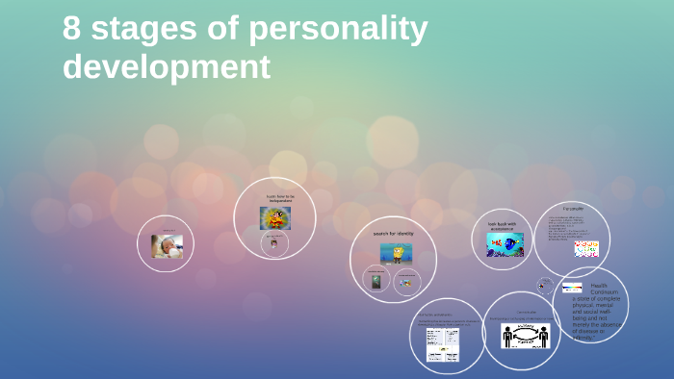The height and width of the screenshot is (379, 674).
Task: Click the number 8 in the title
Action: [x=72, y=30]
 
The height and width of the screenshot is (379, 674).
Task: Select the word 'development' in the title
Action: [x=167, y=67]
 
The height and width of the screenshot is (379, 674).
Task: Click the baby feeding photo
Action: [x=167, y=246]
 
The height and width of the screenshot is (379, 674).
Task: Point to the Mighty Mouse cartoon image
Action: [x=275, y=217]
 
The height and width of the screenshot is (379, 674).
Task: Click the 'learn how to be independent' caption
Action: [x=280, y=198]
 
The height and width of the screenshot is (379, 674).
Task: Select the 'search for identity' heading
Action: [x=394, y=234]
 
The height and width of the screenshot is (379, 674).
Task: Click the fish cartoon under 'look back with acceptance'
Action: [x=505, y=244]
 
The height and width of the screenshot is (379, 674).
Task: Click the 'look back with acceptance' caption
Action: [x=502, y=227]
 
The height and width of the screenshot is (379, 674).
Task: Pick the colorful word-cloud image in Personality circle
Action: [x=586, y=249]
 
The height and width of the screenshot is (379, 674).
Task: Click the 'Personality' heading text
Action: [x=573, y=209]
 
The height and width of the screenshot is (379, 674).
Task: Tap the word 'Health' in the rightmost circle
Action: [x=598, y=286]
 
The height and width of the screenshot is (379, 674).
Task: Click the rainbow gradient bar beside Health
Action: [x=572, y=288]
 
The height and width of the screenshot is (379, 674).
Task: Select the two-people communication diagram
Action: [x=525, y=335]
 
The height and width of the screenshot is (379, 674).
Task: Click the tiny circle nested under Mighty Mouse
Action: [x=274, y=243]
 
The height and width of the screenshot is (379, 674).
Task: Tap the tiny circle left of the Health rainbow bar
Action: [x=545, y=286]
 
